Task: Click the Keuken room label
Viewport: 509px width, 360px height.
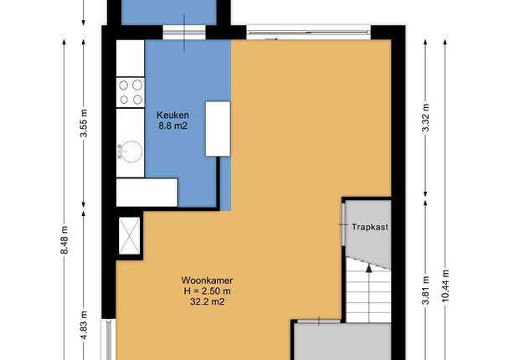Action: [x=172, y=115]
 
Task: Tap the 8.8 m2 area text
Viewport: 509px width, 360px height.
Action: [x=172, y=126]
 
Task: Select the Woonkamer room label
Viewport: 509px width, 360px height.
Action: [x=207, y=280]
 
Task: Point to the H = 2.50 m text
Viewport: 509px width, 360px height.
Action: [x=207, y=291]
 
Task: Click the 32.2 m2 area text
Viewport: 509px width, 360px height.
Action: [x=207, y=301]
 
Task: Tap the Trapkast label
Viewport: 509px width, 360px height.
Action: [x=370, y=227]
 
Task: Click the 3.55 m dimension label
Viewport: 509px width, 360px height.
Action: [x=84, y=123]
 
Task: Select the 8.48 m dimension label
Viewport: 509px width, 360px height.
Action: [x=64, y=240]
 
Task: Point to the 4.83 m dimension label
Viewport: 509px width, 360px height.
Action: [x=84, y=326]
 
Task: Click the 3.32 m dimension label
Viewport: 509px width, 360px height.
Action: [x=425, y=117]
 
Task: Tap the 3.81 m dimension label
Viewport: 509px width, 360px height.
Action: [x=425, y=291]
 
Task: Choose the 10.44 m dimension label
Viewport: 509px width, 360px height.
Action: [x=445, y=285]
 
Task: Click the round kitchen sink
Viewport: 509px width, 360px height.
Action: [x=131, y=152]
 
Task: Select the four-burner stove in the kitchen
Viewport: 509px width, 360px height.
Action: [x=130, y=92]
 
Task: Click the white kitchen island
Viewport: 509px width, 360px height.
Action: [x=218, y=129]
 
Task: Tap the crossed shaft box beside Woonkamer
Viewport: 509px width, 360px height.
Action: [x=129, y=235]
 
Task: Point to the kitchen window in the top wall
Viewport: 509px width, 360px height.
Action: [x=184, y=33]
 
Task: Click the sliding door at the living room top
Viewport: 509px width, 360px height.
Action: [x=308, y=32]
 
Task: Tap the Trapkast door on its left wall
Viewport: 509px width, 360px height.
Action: [x=343, y=224]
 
